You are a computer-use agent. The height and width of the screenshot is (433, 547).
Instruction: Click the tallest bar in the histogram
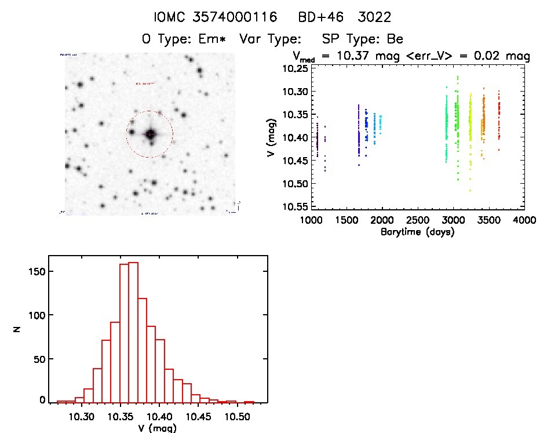(x=133, y=332)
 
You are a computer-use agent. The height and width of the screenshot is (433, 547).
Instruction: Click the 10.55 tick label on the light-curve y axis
(x=294, y=206)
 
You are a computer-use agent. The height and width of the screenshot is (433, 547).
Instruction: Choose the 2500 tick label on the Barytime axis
(x=418, y=221)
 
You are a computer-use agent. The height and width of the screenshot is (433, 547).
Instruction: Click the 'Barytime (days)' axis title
(x=418, y=232)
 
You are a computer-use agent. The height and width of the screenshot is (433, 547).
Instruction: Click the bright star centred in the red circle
(x=150, y=134)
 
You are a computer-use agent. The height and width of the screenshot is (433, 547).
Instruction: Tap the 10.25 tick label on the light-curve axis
(x=294, y=68)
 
